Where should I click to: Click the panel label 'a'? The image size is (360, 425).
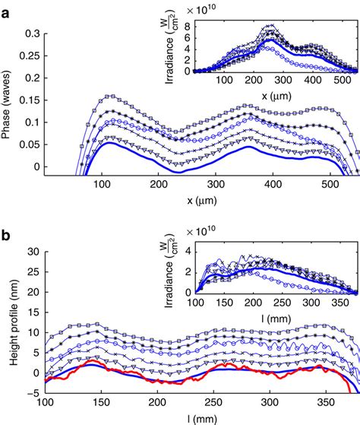(x=7, y=10)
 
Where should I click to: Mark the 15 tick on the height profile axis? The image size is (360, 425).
(x=32, y=312)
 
